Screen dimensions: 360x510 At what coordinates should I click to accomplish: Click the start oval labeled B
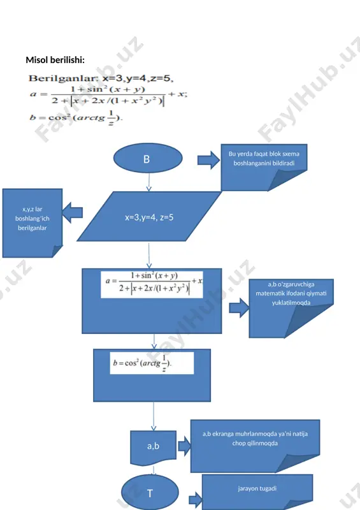[x=148, y=158]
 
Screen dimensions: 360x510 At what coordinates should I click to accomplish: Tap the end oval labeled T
[x=150, y=492]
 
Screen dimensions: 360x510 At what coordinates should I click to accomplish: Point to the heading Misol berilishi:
[x=55, y=60]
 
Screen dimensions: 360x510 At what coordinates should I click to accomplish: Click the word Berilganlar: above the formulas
[x=64, y=78]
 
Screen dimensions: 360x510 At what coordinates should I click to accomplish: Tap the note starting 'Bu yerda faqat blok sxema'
[x=264, y=167]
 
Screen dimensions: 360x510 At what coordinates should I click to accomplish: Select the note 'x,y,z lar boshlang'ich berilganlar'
[x=32, y=223]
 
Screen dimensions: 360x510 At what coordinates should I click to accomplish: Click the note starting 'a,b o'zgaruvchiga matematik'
[x=291, y=309]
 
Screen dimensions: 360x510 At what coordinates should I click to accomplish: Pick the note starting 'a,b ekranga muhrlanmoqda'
[x=255, y=446]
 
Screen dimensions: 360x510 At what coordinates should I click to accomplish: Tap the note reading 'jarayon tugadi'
[x=257, y=492]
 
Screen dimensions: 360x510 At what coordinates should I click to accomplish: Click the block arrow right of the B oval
[x=208, y=160]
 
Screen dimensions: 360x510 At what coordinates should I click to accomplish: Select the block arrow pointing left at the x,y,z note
[x=72, y=213]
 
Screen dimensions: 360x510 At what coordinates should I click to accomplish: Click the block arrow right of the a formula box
[x=239, y=308]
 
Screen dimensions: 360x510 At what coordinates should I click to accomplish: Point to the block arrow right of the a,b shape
[x=184, y=446]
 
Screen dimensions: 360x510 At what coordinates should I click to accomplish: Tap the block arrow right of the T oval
[x=196, y=500]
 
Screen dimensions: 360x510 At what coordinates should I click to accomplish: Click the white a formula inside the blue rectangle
[x=152, y=284]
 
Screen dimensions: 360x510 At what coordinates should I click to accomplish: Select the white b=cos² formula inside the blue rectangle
[x=152, y=363]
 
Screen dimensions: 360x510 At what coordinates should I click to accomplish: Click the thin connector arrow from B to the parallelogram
[x=149, y=182]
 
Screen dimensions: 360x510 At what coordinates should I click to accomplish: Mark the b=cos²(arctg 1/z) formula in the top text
[x=76, y=118]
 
